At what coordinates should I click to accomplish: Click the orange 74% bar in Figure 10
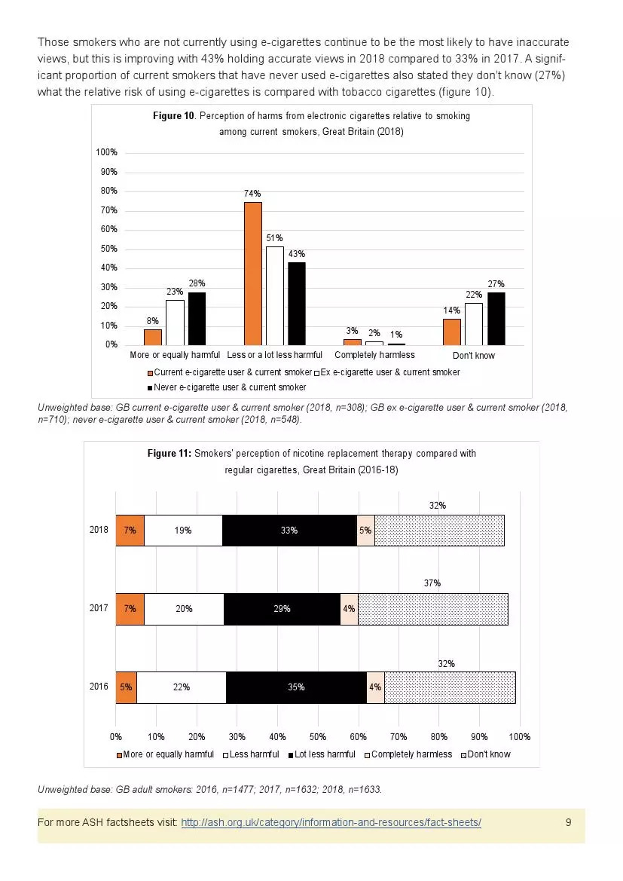click(x=253, y=273)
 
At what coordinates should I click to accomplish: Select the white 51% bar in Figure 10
click(x=274, y=295)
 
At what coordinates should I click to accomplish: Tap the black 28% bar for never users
click(x=197, y=318)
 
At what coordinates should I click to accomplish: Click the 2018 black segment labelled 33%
click(x=289, y=531)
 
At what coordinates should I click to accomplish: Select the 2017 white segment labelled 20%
click(x=184, y=609)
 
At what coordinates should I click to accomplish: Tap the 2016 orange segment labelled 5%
click(x=126, y=687)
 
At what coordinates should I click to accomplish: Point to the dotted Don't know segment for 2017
click(x=432, y=609)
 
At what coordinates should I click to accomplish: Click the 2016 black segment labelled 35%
click(x=296, y=687)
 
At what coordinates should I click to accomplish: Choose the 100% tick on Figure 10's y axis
click(x=106, y=153)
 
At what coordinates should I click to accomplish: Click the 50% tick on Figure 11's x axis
click(x=318, y=736)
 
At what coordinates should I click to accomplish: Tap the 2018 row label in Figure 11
click(x=99, y=531)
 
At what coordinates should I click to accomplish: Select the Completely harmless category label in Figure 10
click(x=374, y=355)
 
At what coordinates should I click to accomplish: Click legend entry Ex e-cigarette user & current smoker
click(x=389, y=372)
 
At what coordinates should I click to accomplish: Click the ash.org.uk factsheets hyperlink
click(x=331, y=822)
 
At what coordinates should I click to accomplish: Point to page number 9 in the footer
click(x=568, y=822)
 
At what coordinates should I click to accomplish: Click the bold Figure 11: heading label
click(x=169, y=454)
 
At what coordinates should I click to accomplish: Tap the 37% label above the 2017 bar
click(x=432, y=583)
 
